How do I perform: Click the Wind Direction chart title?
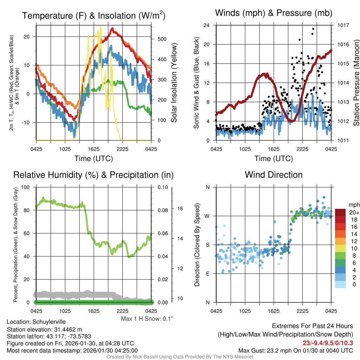pos(274,175)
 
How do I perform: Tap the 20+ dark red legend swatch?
pos(341,212)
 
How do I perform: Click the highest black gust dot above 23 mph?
pos(313,29)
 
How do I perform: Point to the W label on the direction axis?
pos(207,216)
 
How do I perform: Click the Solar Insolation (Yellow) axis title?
pos(174,83)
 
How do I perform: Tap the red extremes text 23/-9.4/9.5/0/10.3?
pos(327,343)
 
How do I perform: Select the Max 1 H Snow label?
pos(147,319)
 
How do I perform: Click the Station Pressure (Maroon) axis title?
pos(356,83)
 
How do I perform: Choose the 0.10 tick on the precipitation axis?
pos(163,187)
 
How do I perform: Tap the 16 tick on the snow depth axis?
pos(180,208)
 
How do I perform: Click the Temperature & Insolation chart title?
pos(94,15)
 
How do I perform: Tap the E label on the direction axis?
pos(208,274)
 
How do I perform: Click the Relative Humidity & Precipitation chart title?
pos(93,175)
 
